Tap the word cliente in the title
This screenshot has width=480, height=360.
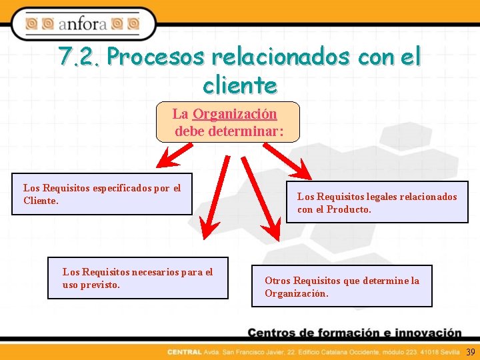pos(239,85)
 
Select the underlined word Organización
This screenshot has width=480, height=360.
pos(235,114)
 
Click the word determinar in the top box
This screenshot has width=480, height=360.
pos(246,131)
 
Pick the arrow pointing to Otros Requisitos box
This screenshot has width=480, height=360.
pos(260,199)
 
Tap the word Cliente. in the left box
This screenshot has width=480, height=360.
pos(41,200)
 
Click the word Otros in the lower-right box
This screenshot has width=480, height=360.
pos(277,281)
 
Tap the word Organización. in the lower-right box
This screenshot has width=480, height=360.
pos(296,293)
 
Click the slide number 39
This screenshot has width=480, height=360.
pos(471,352)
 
